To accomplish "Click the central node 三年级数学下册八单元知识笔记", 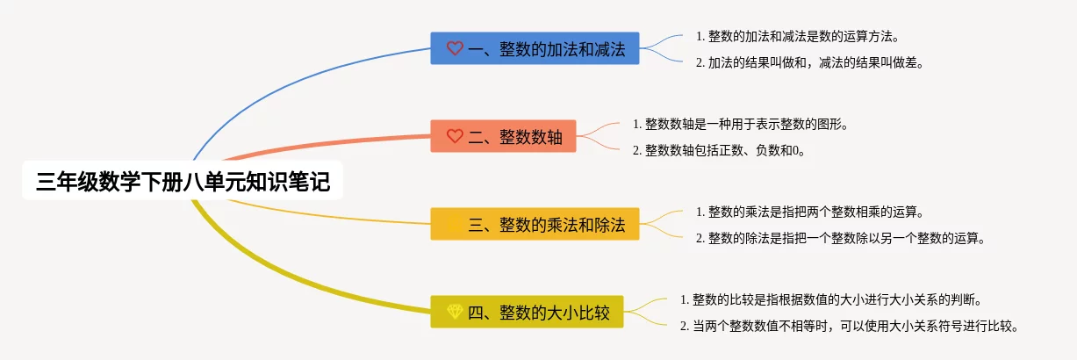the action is coord(183,183).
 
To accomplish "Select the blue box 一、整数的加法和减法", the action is coord(535,48).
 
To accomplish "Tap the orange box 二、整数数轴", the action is coord(503,136).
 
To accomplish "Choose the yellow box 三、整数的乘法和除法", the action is coord(535,224).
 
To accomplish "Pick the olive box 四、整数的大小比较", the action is coord(527,312).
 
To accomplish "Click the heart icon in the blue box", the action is coord(455,48).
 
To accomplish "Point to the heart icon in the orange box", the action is coord(455,136).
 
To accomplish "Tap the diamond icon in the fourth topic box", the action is coord(455,312).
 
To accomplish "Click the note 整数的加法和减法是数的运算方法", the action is coord(797,36).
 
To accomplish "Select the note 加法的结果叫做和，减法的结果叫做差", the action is coord(809,62).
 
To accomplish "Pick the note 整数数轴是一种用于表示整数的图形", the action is coord(740,124).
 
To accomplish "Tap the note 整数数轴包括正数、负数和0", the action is coord(720,150).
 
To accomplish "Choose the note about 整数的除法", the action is coord(840,238).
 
